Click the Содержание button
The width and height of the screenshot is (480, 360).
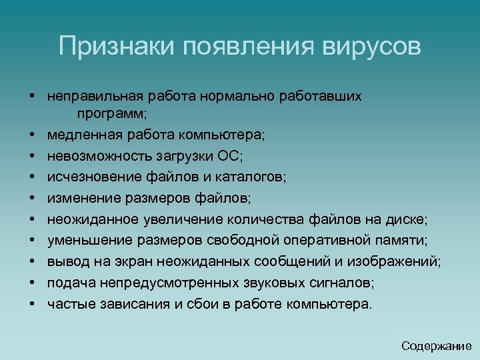[437, 345]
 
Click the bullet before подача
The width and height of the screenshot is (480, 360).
[32, 283]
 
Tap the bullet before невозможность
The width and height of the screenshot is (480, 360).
[32, 157]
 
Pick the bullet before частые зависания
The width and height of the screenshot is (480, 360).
[32, 304]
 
